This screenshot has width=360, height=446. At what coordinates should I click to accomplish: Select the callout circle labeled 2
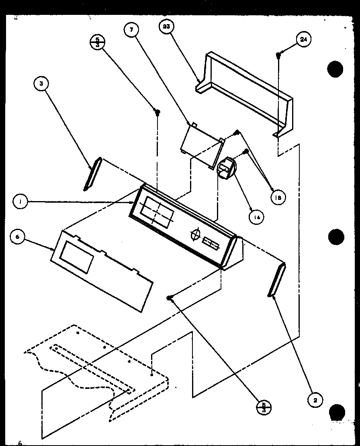pos(315,400)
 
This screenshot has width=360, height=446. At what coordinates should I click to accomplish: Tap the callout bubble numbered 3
pos(41,84)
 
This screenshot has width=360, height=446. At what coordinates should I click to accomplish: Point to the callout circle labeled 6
pos(17,237)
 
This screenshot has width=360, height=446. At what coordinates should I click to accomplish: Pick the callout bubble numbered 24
pos(304,39)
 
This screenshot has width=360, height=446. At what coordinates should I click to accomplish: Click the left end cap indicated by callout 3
pos(92,173)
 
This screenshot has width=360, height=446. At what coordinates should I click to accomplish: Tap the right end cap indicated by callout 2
pos(276,280)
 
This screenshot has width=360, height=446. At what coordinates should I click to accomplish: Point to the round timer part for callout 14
pos(226,167)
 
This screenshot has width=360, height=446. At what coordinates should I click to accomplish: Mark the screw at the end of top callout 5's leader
pos(158,111)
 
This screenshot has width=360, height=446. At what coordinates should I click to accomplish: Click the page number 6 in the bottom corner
pos(19,443)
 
